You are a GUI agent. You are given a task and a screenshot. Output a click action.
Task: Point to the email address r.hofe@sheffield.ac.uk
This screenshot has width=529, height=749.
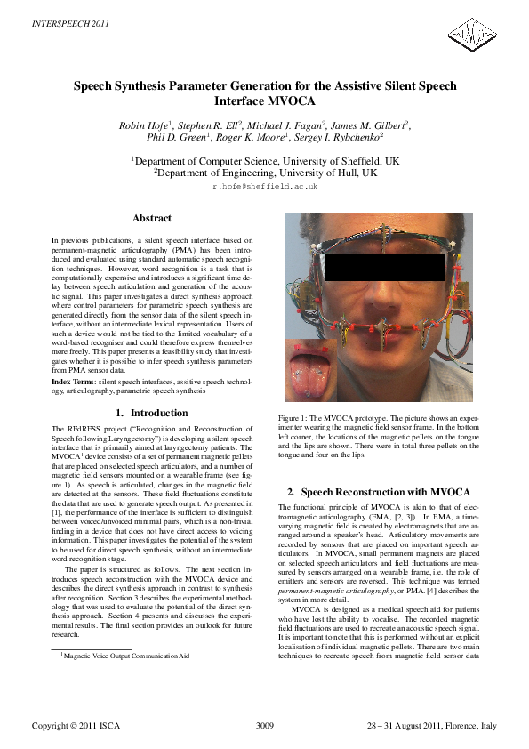(264, 189)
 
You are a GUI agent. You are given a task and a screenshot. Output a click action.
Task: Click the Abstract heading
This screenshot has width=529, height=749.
(152, 218)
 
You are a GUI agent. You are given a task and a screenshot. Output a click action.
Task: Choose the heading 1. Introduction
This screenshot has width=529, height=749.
(152, 413)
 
